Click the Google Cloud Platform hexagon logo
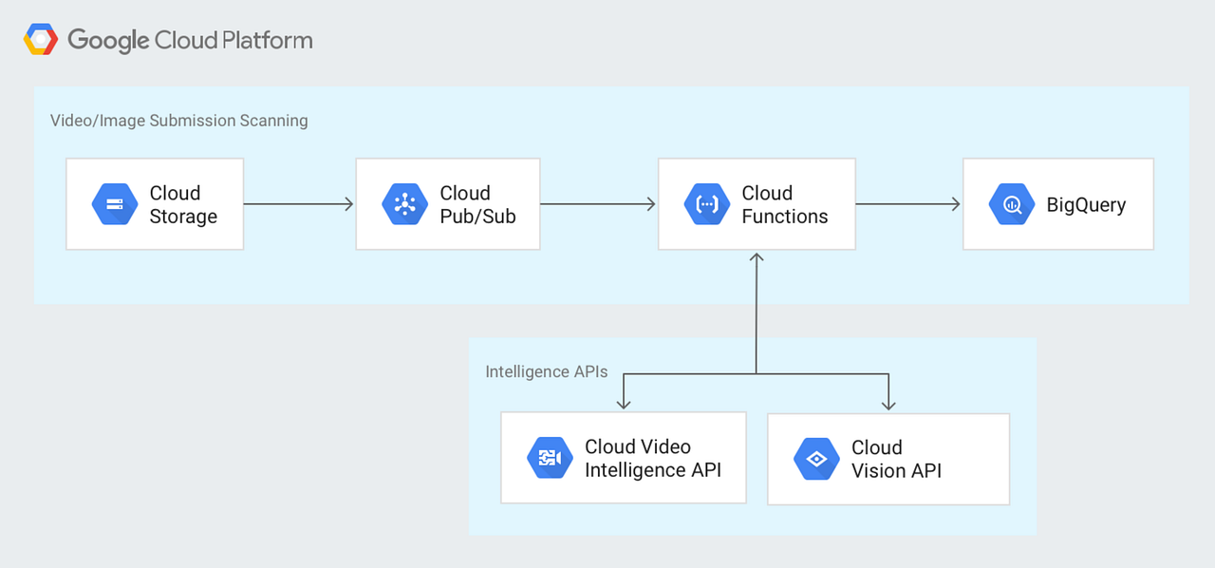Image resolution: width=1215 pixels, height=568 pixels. click(41, 40)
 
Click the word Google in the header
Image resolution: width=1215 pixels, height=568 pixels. click(108, 41)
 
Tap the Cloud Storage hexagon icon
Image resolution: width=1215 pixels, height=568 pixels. click(115, 204)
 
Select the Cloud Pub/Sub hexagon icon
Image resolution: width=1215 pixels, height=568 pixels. click(405, 204)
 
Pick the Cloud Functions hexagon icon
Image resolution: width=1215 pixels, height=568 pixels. click(707, 204)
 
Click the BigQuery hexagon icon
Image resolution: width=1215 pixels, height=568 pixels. click(1012, 204)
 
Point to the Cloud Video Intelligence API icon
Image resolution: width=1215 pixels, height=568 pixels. click(550, 459)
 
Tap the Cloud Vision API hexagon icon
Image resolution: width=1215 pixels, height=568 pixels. click(816, 459)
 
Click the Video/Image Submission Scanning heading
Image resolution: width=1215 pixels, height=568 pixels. click(178, 121)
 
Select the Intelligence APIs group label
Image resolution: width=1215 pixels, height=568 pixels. click(546, 371)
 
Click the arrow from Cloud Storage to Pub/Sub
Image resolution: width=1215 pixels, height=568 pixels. click(298, 204)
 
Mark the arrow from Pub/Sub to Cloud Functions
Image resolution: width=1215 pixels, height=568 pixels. click(598, 204)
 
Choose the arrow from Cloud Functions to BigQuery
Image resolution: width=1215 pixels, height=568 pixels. click(907, 204)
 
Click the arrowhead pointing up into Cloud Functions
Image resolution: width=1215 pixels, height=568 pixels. click(757, 258)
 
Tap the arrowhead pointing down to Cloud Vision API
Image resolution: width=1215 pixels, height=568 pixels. click(888, 405)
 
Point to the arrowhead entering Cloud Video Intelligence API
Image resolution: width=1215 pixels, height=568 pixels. click(623, 405)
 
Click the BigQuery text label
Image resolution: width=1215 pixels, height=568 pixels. click(1086, 205)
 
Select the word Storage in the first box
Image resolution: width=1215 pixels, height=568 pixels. click(183, 217)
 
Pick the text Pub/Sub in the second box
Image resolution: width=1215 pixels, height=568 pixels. click(477, 217)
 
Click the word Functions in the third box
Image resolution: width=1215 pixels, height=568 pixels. click(784, 217)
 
